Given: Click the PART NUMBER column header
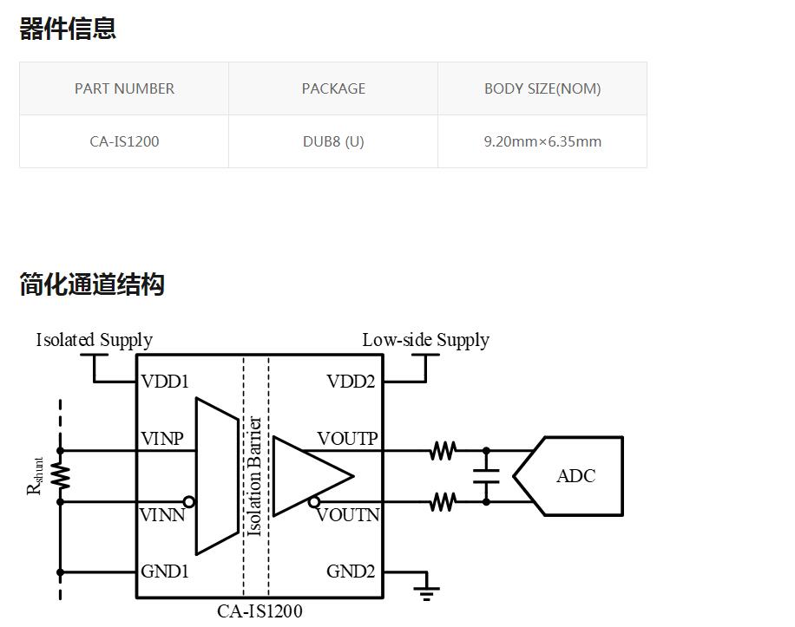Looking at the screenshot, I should click(x=124, y=88).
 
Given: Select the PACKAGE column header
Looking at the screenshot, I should click(x=333, y=88).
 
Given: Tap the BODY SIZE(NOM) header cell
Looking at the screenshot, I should click(x=542, y=88).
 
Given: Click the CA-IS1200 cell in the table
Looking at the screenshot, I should click(x=124, y=141).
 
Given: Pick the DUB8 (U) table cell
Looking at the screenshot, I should click(x=333, y=141).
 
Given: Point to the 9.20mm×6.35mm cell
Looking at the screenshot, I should click(x=542, y=141).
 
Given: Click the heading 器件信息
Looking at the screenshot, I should click(x=68, y=29).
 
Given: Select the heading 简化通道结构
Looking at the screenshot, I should click(x=92, y=284).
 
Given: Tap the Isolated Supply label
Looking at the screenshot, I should click(x=94, y=340).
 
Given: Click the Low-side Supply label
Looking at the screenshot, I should click(x=425, y=340).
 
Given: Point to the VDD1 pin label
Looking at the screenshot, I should click(x=165, y=382).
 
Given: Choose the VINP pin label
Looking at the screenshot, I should click(x=162, y=439).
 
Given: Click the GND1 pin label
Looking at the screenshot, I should click(x=165, y=571).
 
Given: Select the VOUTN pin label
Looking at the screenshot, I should click(x=348, y=515).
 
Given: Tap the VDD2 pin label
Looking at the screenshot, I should click(x=351, y=382).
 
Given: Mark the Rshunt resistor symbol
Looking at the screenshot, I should click(x=61, y=476).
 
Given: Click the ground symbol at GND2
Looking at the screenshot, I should click(x=426, y=591).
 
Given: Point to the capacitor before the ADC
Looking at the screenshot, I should click(x=486, y=476).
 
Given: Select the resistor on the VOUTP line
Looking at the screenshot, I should click(x=443, y=451).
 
